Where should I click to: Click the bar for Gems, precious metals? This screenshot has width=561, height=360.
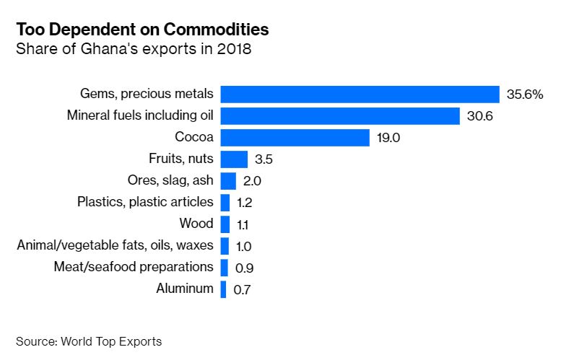pyautogui.click(x=360, y=95)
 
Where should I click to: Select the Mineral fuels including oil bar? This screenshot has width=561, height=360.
pyautogui.click(x=340, y=116)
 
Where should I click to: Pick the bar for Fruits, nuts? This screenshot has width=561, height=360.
pyautogui.click(x=234, y=159)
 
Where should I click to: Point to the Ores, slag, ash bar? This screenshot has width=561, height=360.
pyautogui.click(x=228, y=181)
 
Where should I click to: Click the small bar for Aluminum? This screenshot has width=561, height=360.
pyautogui.click(x=223, y=289)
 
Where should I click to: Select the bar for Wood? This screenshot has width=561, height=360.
pyautogui.click(x=225, y=224)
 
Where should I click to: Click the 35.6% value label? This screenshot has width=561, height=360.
pyautogui.click(x=524, y=95)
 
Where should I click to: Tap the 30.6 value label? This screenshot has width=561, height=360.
pyautogui.click(x=479, y=116)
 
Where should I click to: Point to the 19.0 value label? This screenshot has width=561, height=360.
pyautogui.click(x=388, y=138)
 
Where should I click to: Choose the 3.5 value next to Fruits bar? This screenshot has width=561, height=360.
pyautogui.click(x=263, y=159)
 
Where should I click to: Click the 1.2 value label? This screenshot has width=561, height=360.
pyautogui.click(x=244, y=203)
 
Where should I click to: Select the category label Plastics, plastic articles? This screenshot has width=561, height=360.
pyautogui.click(x=145, y=202)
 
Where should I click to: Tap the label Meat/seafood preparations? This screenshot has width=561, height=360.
pyautogui.click(x=134, y=267)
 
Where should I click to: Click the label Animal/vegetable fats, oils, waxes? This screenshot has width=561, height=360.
pyautogui.click(x=115, y=245)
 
